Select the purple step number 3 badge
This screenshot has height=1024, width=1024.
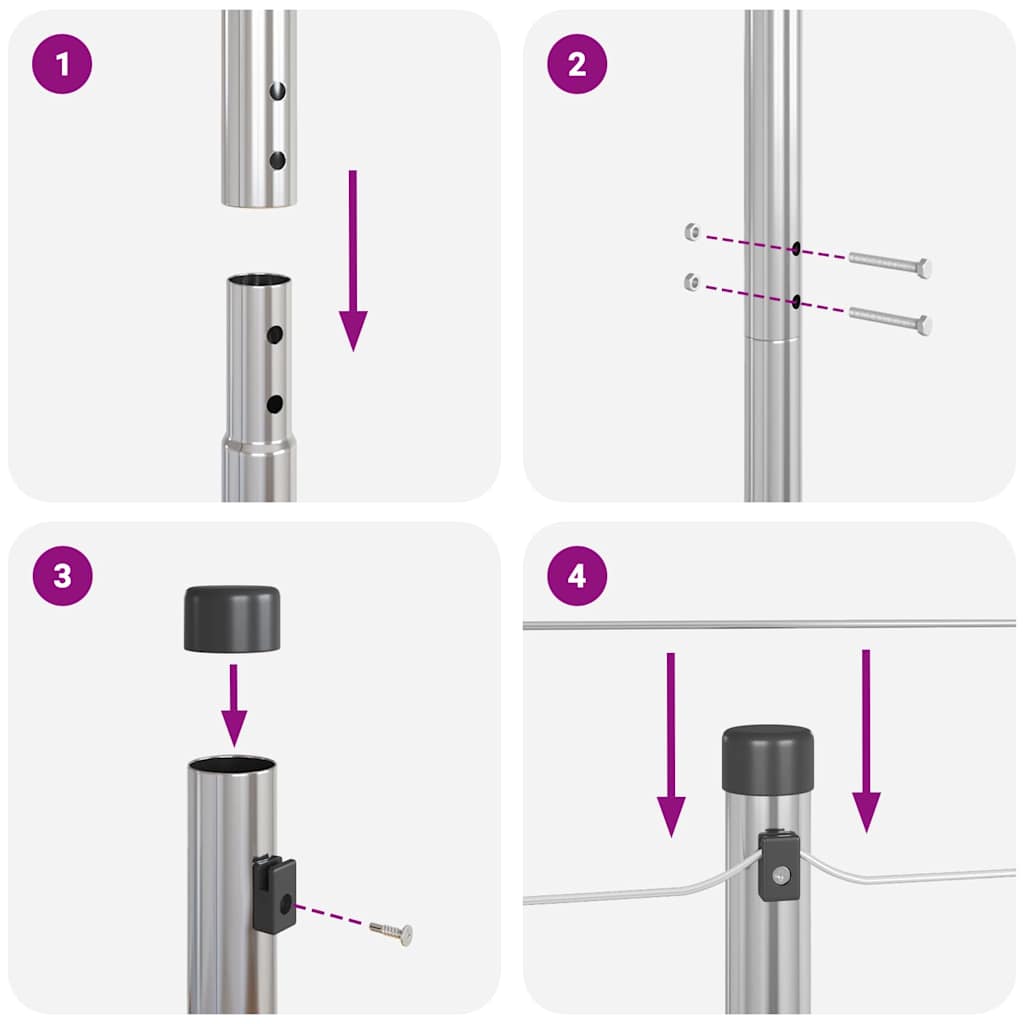tap(62, 576)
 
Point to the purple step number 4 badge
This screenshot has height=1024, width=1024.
tap(577, 576)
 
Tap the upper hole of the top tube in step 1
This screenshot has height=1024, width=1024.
tap(277, 92)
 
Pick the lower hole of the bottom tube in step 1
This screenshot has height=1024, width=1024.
tap(274, 404)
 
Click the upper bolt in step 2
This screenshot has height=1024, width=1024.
tap(890, 265)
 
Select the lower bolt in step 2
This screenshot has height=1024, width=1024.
tap(890, 321)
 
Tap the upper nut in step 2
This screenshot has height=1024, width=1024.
tap(692, 232)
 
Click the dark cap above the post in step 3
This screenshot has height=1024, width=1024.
tap(232, 620)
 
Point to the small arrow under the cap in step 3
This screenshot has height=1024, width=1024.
tap(234, 705)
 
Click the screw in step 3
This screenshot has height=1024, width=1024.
tap(392, 933)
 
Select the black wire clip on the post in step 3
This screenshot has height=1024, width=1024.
tap(274, 893)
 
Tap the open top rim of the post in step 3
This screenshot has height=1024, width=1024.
tap(232, 766)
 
